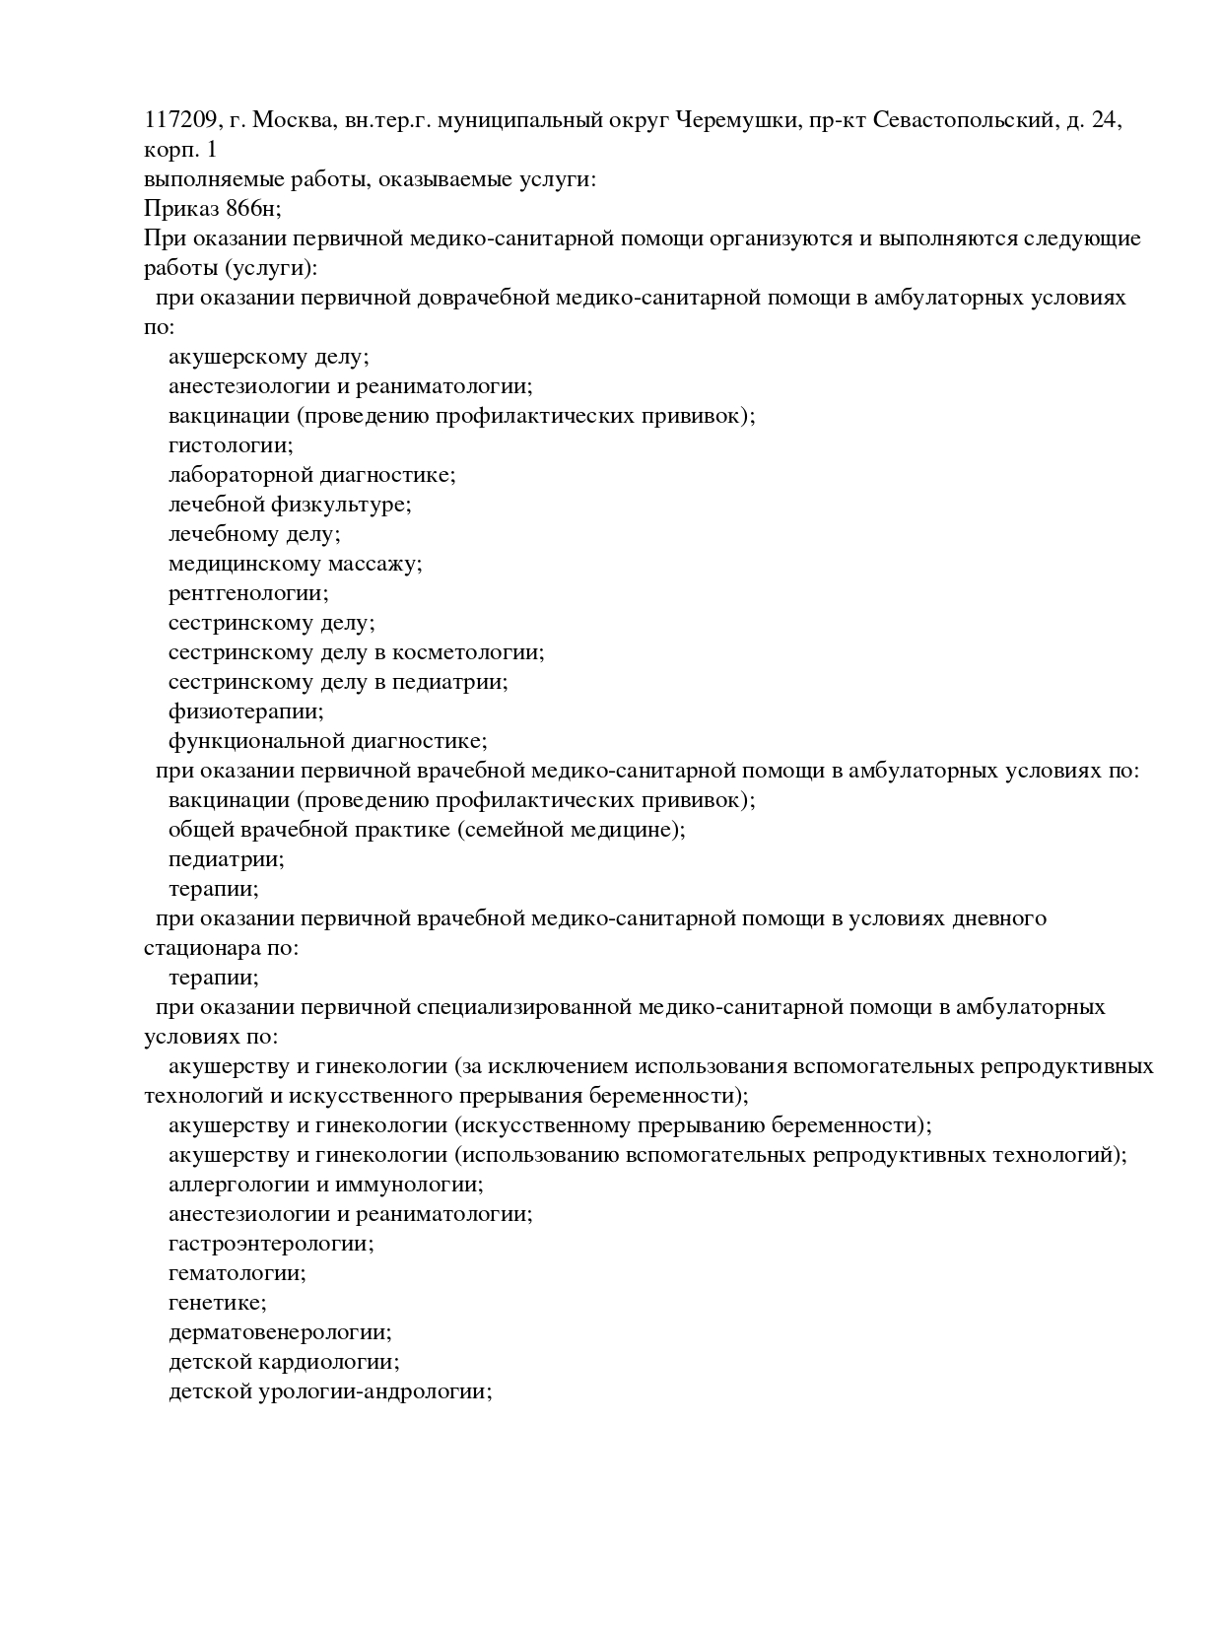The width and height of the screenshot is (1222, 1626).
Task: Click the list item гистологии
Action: [231, 445]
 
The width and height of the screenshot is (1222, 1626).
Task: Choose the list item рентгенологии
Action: [248, 593]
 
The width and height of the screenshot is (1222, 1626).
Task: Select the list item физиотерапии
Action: [245, 711]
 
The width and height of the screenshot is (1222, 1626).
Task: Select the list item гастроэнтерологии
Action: [271, 1244]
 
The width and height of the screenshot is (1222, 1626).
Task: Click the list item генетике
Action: [217, 1303]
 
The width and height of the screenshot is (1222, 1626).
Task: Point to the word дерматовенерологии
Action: [280, 1332]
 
